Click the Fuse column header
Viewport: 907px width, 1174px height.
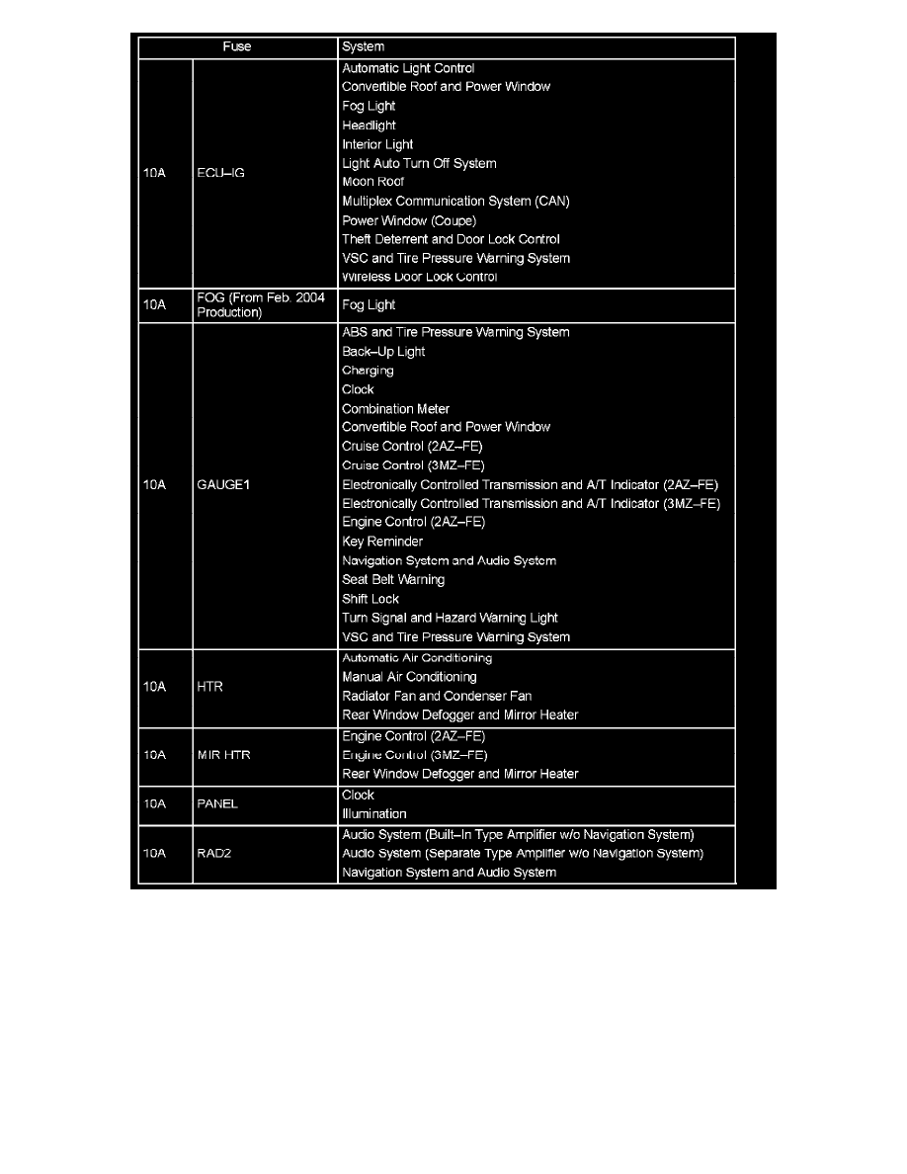pyautogui.click(x=237, y=46)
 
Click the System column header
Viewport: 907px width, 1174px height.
pyautogui.click(x=363, y=46)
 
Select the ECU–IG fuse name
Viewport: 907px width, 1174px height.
pyautogui.click(x=220, y=173)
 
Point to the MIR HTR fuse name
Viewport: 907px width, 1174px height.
pyautogui.click(x=224, y=755)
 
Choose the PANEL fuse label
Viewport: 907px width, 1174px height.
pyautogui.click(x=217, y=804)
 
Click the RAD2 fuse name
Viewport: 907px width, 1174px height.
pyautogui.click(x=214, y=853)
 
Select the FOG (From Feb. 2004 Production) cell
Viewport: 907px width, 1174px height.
pyautogui.click(x=261, y=304)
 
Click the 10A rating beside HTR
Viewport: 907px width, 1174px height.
pyautogui.click(x=154, y=687)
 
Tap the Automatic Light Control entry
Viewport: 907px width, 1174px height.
pyautogui.click(x=408, y=68)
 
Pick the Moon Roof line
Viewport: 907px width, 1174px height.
pyautogui.click(x=372, y=182)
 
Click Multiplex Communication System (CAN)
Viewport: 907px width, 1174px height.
pyautogui.click(x=455, y=202)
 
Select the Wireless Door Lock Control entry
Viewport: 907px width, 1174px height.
pyautogui.click(x=419, y=277)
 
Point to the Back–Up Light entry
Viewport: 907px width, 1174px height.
pyautogui.click(x=383, y=352)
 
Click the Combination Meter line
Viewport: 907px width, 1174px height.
pyautogui.click(x=395, y=409)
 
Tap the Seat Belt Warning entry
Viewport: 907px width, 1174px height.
pyautogui.click(x=393, y=580)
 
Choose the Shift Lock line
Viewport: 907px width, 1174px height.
pyautogui.click(x=371, y=599)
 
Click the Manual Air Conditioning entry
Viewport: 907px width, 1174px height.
pyautogui.click(x=409, y=677)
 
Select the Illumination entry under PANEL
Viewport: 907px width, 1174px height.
pyautogui.click(x=373, y=814)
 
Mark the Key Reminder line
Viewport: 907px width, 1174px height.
pyautogui.click(x=382, y=542)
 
